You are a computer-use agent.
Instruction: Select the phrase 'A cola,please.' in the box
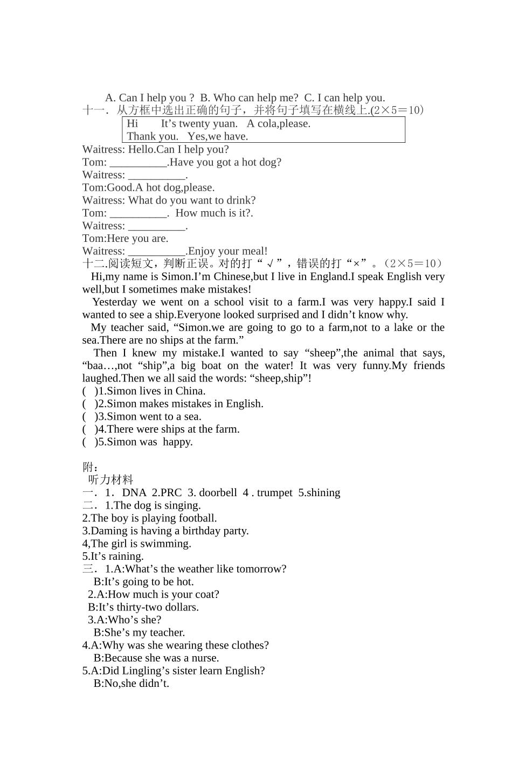click(x=279, y=123)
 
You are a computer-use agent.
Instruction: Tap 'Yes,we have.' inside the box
click(x=218, y=136)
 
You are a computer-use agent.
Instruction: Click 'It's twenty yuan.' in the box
click(x=199, y=123)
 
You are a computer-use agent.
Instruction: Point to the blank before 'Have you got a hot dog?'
click(x=138, y=163)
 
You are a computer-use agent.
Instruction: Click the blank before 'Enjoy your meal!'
click(x=157, y=252)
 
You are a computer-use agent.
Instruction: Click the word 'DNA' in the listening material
click(x=134, y=492)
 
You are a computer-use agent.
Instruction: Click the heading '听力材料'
click(x=110, y=479)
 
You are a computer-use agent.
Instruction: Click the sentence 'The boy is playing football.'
click(x=154, y=518)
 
